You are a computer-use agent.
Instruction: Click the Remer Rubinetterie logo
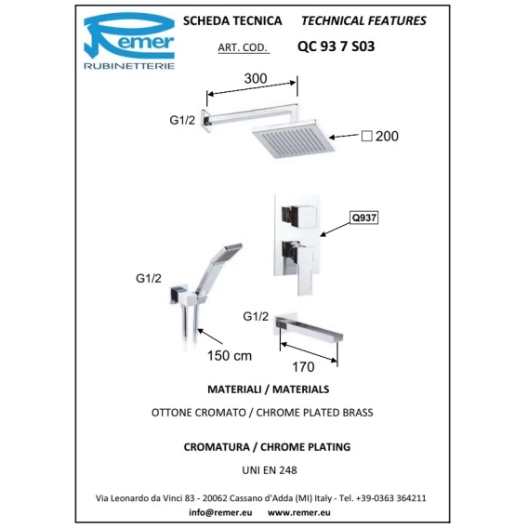pos(129,41)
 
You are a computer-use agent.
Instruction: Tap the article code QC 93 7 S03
pos(337,46)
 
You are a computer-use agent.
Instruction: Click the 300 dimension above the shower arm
pos(256,78)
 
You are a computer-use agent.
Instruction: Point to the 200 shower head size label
pos(387,136)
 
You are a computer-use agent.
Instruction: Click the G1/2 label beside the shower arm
pos(182,120)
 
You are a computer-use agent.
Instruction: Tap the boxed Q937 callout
pos(364,218)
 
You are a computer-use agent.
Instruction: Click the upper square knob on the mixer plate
pos(299,217)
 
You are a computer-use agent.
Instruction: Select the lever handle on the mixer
pos(299,267)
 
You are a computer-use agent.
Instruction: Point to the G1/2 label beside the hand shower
pos(149,278)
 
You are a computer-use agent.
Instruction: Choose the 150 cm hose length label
pos(230,356)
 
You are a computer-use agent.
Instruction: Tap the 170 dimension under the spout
pos(303,367)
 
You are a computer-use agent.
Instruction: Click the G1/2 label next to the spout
pos(256,317)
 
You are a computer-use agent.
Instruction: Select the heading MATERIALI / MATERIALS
pos(269,389)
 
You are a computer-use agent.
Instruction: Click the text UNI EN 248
pos(270,470)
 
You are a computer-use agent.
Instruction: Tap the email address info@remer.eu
pos(220,512)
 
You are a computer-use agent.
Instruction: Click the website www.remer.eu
pos(299,512)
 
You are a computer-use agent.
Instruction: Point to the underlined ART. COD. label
pos(243,47)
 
